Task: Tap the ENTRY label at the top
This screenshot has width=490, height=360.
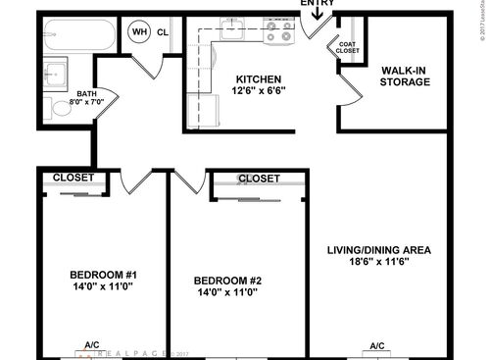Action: click(x=318, y=4)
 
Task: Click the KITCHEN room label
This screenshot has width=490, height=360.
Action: click(x=259, y=80)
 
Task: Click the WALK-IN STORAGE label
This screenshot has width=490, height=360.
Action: click(x=404, y=75)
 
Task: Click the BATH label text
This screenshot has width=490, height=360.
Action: click(x=86, y=92)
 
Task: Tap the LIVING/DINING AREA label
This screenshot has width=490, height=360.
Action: click(x=378, y=249)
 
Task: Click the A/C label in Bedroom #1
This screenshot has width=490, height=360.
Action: click(x=91, y=345)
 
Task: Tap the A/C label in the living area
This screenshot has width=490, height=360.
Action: click(x=377, y=346)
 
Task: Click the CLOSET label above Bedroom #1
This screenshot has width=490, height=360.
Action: click(x=73, y=178)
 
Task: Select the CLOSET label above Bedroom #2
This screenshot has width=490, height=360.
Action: click(x=258, y=179)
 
